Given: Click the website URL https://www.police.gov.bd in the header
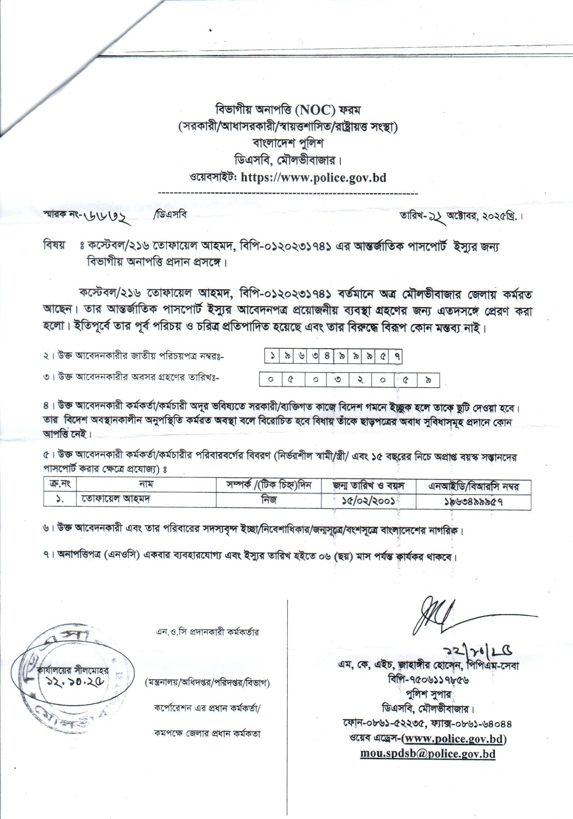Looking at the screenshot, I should [x=313, y=178].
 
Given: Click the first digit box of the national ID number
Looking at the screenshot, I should [x=272, y=357].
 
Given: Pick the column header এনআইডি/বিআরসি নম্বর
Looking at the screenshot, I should [x=473, y=487].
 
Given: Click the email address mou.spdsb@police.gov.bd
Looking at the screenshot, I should [x=427, y=753].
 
